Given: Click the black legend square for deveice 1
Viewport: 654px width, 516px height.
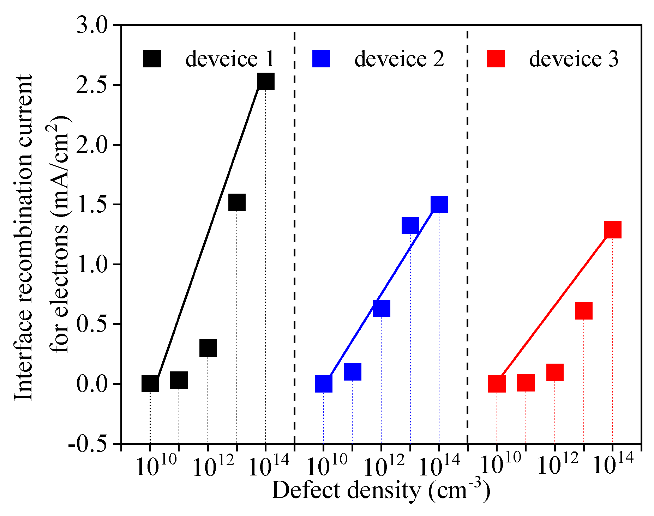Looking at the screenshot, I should (x=152, y=59).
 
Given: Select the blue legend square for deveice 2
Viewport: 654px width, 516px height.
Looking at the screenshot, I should (x=321, y=59).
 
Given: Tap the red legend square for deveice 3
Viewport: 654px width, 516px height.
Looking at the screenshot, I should (x=496, y=59).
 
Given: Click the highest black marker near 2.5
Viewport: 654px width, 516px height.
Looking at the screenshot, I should (x=266, y=81).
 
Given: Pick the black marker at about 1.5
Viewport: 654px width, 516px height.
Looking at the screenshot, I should (x=237, y=202).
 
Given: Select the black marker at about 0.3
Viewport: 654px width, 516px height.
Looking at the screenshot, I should (x=208, y=348).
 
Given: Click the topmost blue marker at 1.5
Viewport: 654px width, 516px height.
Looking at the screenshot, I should (x=439, y=204).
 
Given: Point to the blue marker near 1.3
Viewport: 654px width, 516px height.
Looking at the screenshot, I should (x=410, y=226).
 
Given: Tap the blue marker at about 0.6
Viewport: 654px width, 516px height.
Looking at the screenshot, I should (x=381, y=309).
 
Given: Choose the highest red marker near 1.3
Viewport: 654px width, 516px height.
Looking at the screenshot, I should (x=612, y=230).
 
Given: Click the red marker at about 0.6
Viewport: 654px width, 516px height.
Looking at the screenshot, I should (x=584, y=311).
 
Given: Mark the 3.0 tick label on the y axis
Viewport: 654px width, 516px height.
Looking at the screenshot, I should (x=92, y=26).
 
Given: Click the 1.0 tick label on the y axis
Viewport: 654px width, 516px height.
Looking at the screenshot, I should (x=92, y=265).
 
